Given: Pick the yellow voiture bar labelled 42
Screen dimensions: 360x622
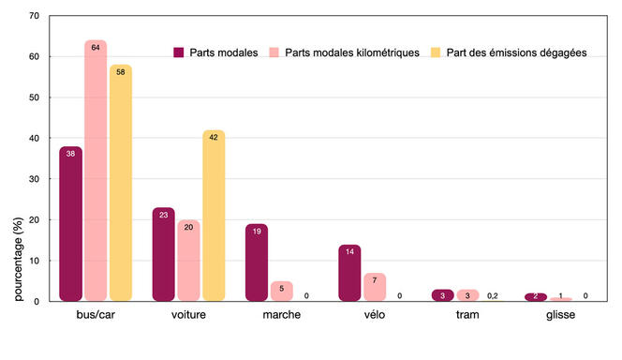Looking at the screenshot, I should coord(214,216).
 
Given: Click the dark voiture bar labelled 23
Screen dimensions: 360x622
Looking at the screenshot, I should coord(163,254).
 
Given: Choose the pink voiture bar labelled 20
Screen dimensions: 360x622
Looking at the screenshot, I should coord(188,261).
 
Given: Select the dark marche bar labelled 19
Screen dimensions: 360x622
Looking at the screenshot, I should coord(256,262).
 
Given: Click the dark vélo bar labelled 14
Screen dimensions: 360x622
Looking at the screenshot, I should coord(349,273).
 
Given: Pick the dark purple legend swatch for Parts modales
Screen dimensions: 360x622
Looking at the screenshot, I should coord(179,52).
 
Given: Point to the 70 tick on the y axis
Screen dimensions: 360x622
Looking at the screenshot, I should coord(35,16).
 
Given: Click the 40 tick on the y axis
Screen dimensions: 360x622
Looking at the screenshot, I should coord(35,138).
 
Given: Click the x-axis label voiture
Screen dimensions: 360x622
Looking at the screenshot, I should coord(188,315).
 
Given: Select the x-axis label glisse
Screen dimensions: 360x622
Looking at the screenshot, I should coord(561,315).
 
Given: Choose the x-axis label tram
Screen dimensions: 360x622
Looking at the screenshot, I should coord(467,315).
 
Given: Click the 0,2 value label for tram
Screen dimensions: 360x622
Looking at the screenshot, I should coord(493,296).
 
